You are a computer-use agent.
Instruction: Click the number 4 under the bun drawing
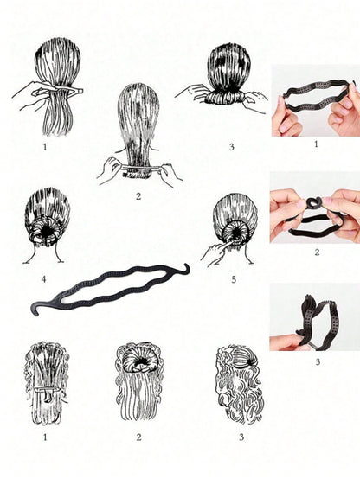tap(43, 279)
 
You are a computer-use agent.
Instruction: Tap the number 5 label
tap(234, 279)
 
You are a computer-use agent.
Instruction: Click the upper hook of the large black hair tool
tap(186, 268)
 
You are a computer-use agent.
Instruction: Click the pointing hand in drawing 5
tap(216, 250)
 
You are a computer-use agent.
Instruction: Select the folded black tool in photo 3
tap(318, 321)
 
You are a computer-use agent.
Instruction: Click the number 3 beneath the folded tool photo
tap(318, 362)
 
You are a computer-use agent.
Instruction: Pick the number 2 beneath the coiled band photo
tap(317, 252)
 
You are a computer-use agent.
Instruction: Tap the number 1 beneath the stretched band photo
tap(316, 144)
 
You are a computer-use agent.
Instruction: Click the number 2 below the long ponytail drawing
tap(138, 196)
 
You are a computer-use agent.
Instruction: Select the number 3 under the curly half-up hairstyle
tap(241, 437)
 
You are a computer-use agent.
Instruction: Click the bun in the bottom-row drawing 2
tap(139, 361)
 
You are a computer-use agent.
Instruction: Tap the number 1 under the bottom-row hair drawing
tap(45, 437)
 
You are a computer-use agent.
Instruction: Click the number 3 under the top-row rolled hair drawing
tap(232, 147)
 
